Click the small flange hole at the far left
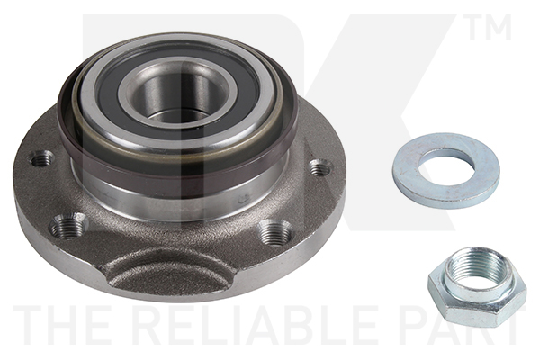point(41,159)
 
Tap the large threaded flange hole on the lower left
point(68,226)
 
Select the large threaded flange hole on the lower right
point(275,233)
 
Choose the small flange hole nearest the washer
point(319,167)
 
